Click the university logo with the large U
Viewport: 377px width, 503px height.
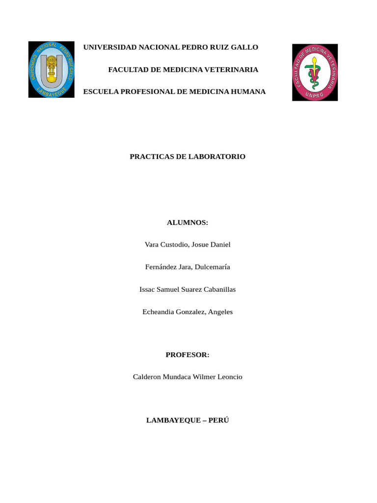tap(51, 69)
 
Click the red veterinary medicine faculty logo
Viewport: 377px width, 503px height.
tap(315, 72)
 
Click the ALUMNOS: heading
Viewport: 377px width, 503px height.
tap(188, 223)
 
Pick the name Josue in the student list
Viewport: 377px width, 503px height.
tap(198, 245)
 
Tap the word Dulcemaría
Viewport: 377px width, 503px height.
tap(213, 267)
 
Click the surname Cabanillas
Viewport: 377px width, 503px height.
tap(216, 290)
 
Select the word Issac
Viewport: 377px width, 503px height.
tap(148, 290)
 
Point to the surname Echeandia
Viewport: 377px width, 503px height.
tap(159, 312)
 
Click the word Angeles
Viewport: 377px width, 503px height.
tap(221, 312)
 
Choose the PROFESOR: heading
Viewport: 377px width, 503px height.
tap(188, 355)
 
